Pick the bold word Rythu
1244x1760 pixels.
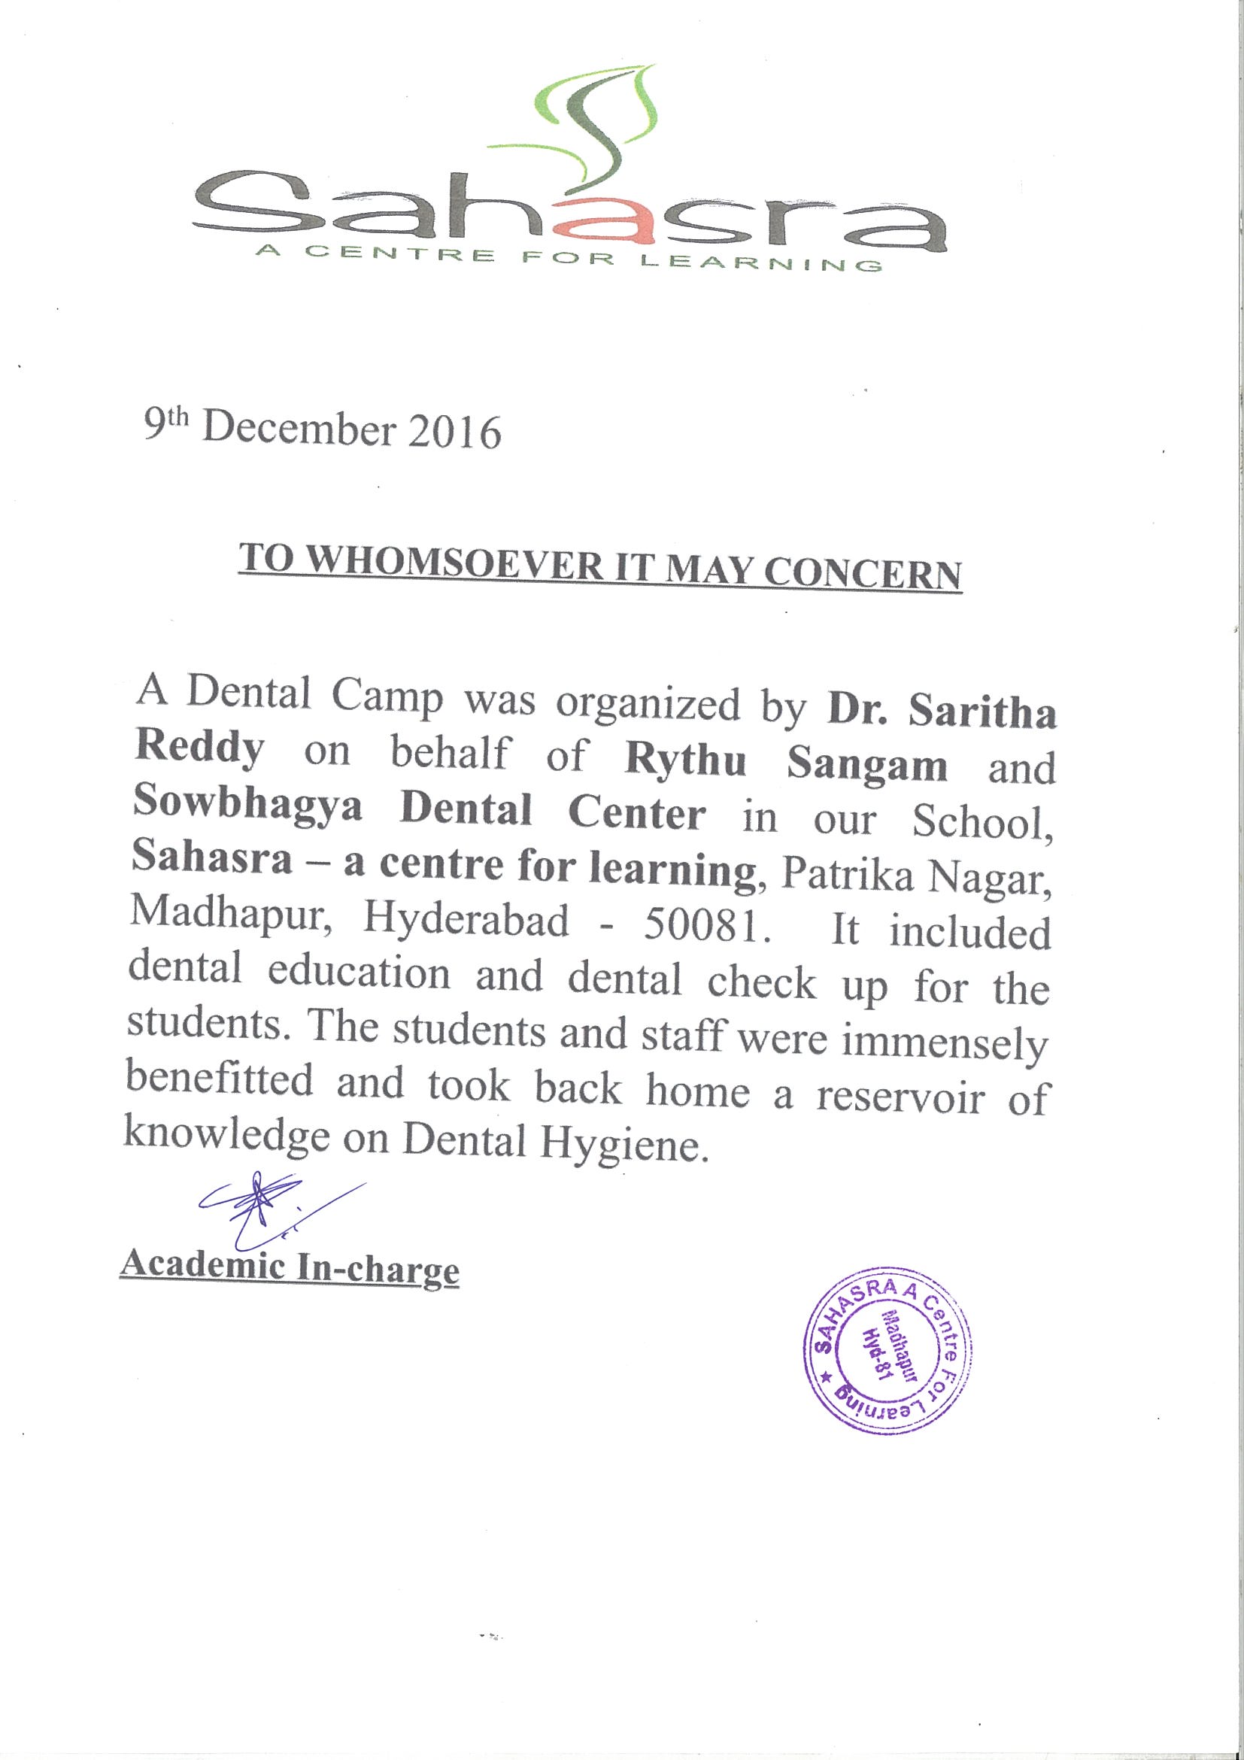point(684,763)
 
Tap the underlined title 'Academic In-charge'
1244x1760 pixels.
point(290,1267)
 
